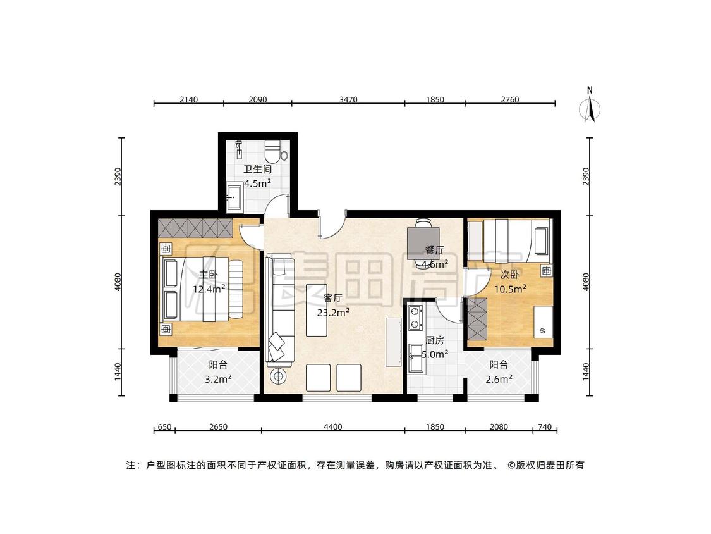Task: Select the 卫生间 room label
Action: pos(258,170)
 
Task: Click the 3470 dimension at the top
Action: pos(348,100)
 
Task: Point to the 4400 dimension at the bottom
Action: pos(333,427)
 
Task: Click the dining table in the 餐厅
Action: pos(425,242)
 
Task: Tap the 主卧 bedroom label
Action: pos(208,275)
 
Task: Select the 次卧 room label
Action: pos(509,275)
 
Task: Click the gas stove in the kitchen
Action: pos(415,318)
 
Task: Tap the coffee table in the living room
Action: pos(317,310)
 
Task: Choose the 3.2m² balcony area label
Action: pos(219,379)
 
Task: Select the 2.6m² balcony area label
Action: pos(499,379)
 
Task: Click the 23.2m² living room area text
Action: pos(333,313)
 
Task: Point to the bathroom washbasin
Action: pos(234,197)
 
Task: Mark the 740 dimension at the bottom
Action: pos(545,427)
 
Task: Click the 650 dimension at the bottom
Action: pos(164,427)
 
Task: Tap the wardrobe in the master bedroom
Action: pos(195,228)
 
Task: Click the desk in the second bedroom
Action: pos(544,321)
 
